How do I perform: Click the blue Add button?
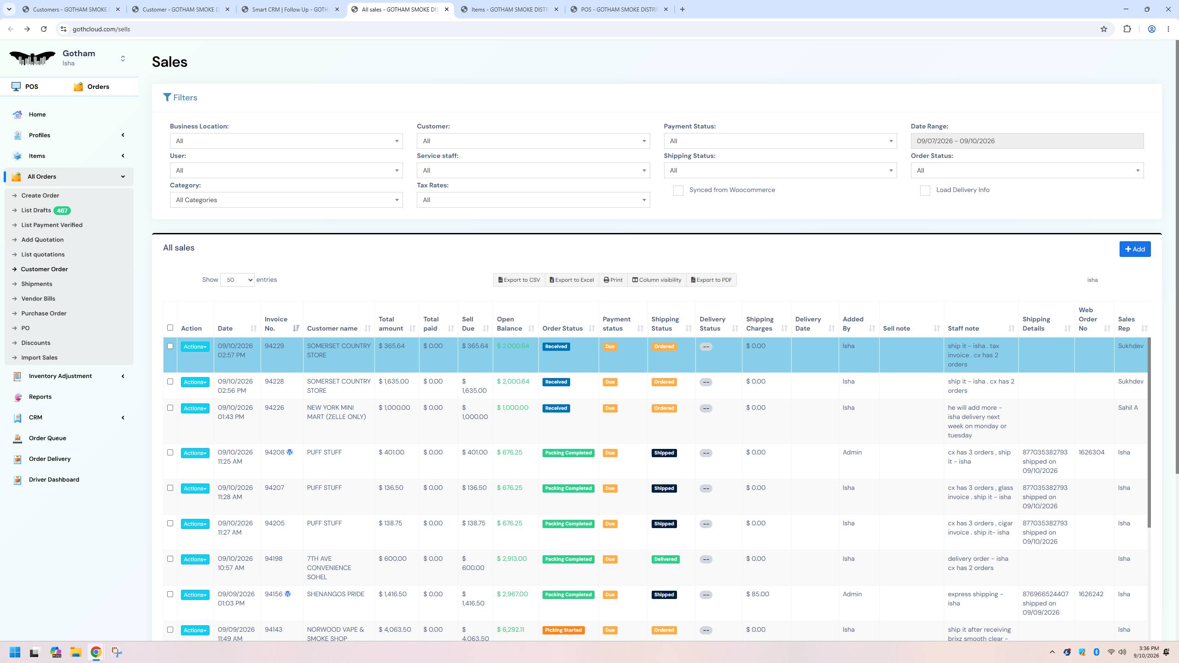[1135, 249]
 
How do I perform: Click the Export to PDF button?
[712, 280]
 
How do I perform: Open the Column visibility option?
[657, 280]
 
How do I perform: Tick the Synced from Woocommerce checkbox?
[678, 191]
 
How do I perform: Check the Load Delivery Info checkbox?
[925, 191]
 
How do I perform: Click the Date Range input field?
[1027, 141]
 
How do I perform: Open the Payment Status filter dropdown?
[780, 141]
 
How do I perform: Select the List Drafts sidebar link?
[36, 210]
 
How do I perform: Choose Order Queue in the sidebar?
[47, 438]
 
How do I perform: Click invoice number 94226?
[274, 408]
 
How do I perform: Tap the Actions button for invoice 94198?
[195, 559]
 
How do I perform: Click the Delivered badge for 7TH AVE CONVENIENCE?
[665, 559]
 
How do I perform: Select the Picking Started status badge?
[563, 630]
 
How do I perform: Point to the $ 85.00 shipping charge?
[758, 594]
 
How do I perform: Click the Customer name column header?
[332, 328]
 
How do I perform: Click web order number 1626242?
[1091, 594]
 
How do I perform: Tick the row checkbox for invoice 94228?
[170, 382]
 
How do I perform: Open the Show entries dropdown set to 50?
[237, 280]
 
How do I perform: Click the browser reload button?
[44, 29]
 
